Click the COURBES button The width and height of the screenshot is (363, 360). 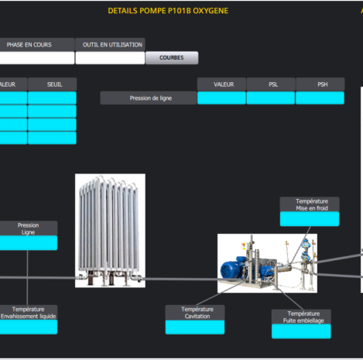[172, 57]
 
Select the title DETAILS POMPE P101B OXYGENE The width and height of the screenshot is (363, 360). [168, 11]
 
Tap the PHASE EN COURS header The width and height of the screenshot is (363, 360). [29, 45]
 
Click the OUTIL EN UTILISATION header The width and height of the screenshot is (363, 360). [112, 45]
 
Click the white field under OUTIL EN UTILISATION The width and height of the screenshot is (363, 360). [110, 58]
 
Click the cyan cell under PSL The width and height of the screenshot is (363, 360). [271, 98]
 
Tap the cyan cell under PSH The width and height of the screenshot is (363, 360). [320, 98]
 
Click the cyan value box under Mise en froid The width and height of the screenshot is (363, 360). [310, 219]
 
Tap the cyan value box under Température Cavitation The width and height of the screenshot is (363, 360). [195, 327]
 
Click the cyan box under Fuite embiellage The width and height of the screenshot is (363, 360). [301, 331]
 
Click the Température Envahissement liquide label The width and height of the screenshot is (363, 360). [29, 313]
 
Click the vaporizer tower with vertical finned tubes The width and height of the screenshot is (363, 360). [110, 231]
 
